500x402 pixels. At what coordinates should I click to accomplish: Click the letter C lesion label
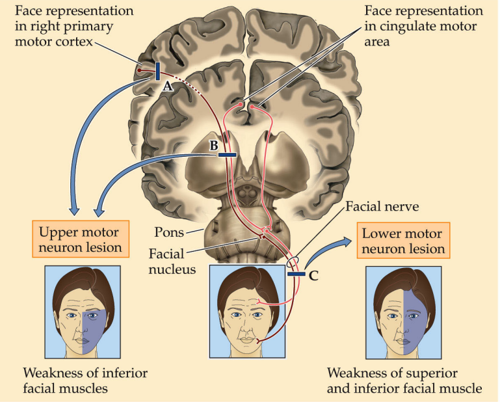tap(313, 276)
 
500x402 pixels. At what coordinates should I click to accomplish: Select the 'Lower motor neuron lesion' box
tap(403, 240)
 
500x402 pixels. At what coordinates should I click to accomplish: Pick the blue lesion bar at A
tap(157, 71)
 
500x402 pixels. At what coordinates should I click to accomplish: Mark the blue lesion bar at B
tap(227, 154)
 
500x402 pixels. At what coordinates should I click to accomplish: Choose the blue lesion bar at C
tap(296, 275)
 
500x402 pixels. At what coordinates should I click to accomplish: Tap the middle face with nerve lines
tap(246, 311)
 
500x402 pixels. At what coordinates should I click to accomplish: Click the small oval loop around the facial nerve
tap(293, 261)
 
